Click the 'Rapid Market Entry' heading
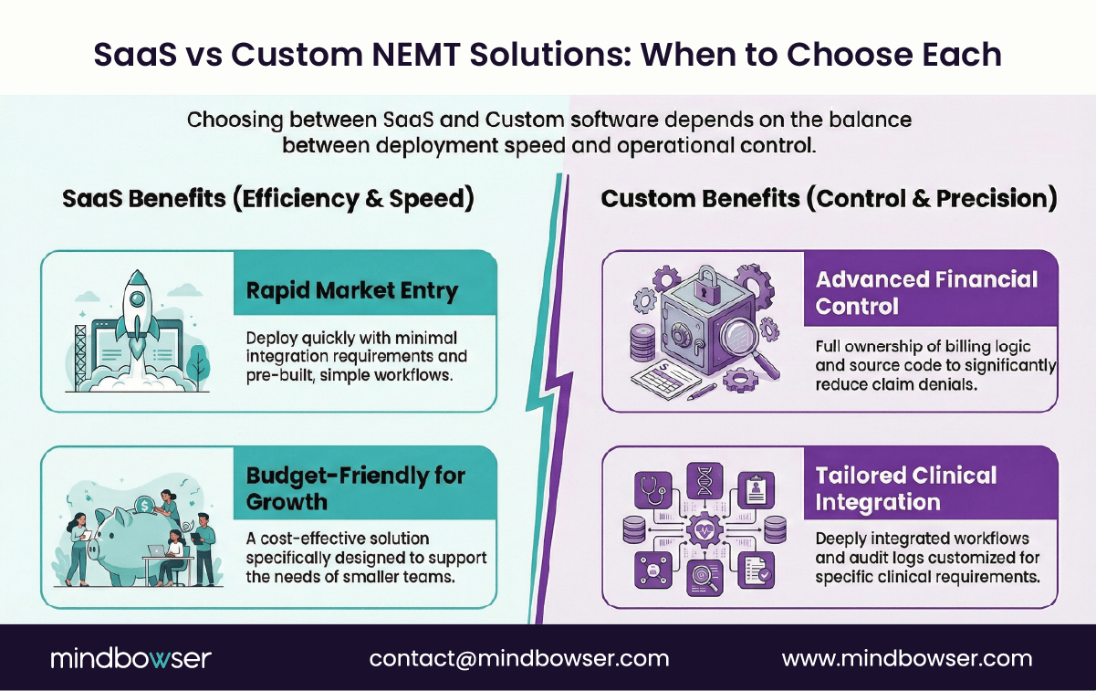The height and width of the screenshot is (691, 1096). pyautogui.click(x=351, y=291)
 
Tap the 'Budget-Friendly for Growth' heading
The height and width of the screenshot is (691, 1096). pyautogui.click(x=355, y=488)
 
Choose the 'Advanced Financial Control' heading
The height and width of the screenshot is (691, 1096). pyautogui.click(x=926, y=292)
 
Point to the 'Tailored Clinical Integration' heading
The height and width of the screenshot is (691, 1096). pyautogui.click(x=905, y=488)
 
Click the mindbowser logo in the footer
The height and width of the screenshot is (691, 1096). pyautogui.click(x=130, y=658)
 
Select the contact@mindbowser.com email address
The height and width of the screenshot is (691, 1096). pyautogui.click(x=519, y=658)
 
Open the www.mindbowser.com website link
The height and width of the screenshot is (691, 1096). pyautogui.click(x=907, y=658)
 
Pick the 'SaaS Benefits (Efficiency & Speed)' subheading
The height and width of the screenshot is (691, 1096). pyautogui.click(x=268, y=200)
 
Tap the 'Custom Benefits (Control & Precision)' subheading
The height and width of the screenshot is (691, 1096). pyautogui.click(x=829, y=200)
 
